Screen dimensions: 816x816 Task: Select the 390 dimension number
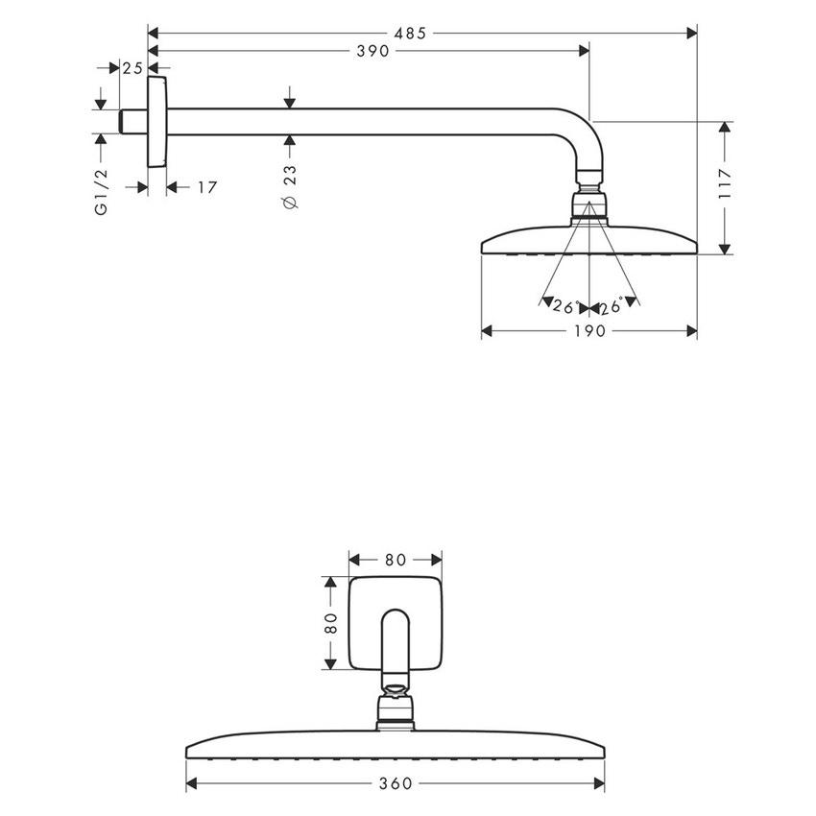click(x=372, y=52)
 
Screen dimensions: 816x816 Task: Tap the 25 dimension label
click(x=132, y=68)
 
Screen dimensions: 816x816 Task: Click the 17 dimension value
click(x=206, y=187)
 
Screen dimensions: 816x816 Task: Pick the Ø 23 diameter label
click(x=291, y=187)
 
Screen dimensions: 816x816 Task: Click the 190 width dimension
click(x=588, y=331)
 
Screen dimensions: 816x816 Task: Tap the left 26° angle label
click(x=564, y=307)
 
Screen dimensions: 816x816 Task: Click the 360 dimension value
click(x=395, y=784)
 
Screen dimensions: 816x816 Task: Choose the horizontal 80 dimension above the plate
click(x=395, y=559)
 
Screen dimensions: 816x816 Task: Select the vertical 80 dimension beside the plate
click(x=331, y=622)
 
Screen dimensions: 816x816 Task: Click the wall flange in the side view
click(x=157, y=122)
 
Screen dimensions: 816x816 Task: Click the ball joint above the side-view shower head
click(x=589, y=205)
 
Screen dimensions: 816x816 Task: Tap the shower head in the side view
click(x=588, y=240)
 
